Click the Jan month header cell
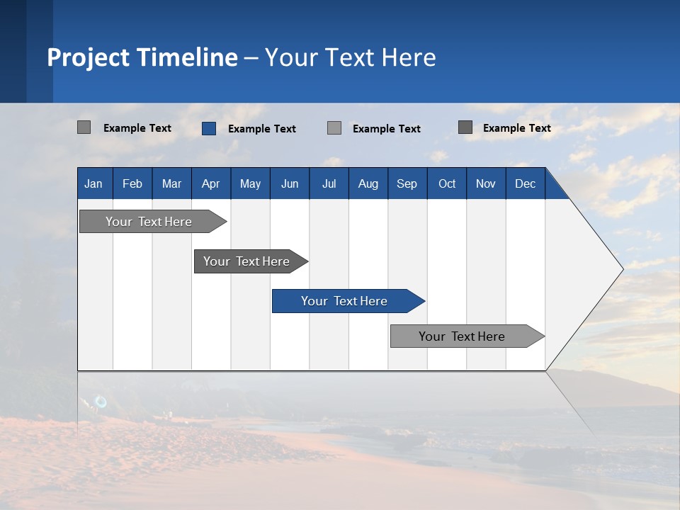[x=93, y=183]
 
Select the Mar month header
[x=171, y=183]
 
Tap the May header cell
[x=250, y=183]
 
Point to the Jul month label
[x=329, y=183]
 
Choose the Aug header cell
[x=368, y=183]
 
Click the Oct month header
[x=447, y=183]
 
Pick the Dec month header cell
[x=525, y=183]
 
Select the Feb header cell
[x=132, y=183]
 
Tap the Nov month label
[x=485, y=183]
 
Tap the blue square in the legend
[x=209, y=128]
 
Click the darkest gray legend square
[x=465, y=127]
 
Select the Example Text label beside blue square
[x=262, y=129]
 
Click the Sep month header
[x=407, y=183]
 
